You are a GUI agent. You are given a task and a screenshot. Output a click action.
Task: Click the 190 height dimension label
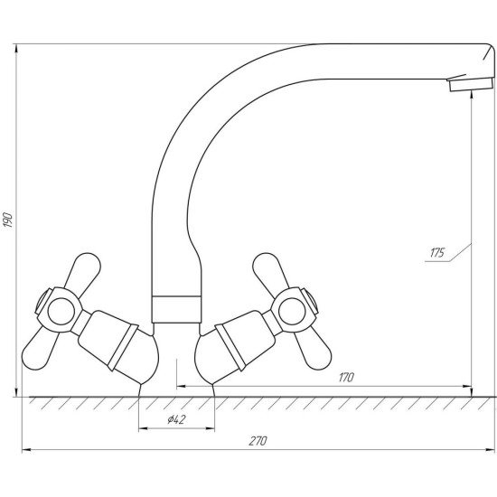coord(8,219)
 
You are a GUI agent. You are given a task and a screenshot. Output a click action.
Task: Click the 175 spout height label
coord(437,253)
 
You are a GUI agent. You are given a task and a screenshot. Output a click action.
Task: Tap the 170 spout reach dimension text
coord(346,377)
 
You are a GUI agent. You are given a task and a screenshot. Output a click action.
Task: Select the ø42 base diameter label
coord(176,419)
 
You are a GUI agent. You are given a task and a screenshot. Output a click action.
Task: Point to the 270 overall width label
coord(258,441)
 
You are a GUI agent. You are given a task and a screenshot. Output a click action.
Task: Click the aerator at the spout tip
coord(471,84)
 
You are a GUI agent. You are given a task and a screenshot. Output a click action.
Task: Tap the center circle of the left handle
coord(61,311)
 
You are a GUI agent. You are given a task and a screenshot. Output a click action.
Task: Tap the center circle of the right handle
coord(292,311)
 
